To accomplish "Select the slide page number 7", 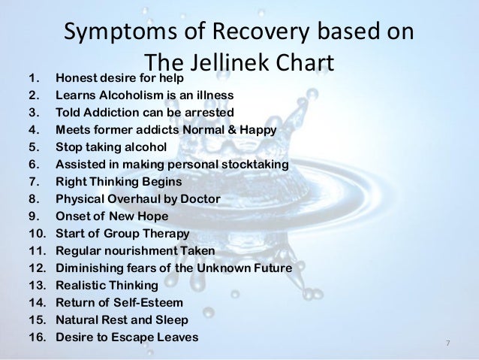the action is pyautogui.click(x=447, y=343).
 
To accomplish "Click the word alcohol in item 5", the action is pyautogui.click(x=146, y=147).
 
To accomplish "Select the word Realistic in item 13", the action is pyautogui.click(x=80, y=286).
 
